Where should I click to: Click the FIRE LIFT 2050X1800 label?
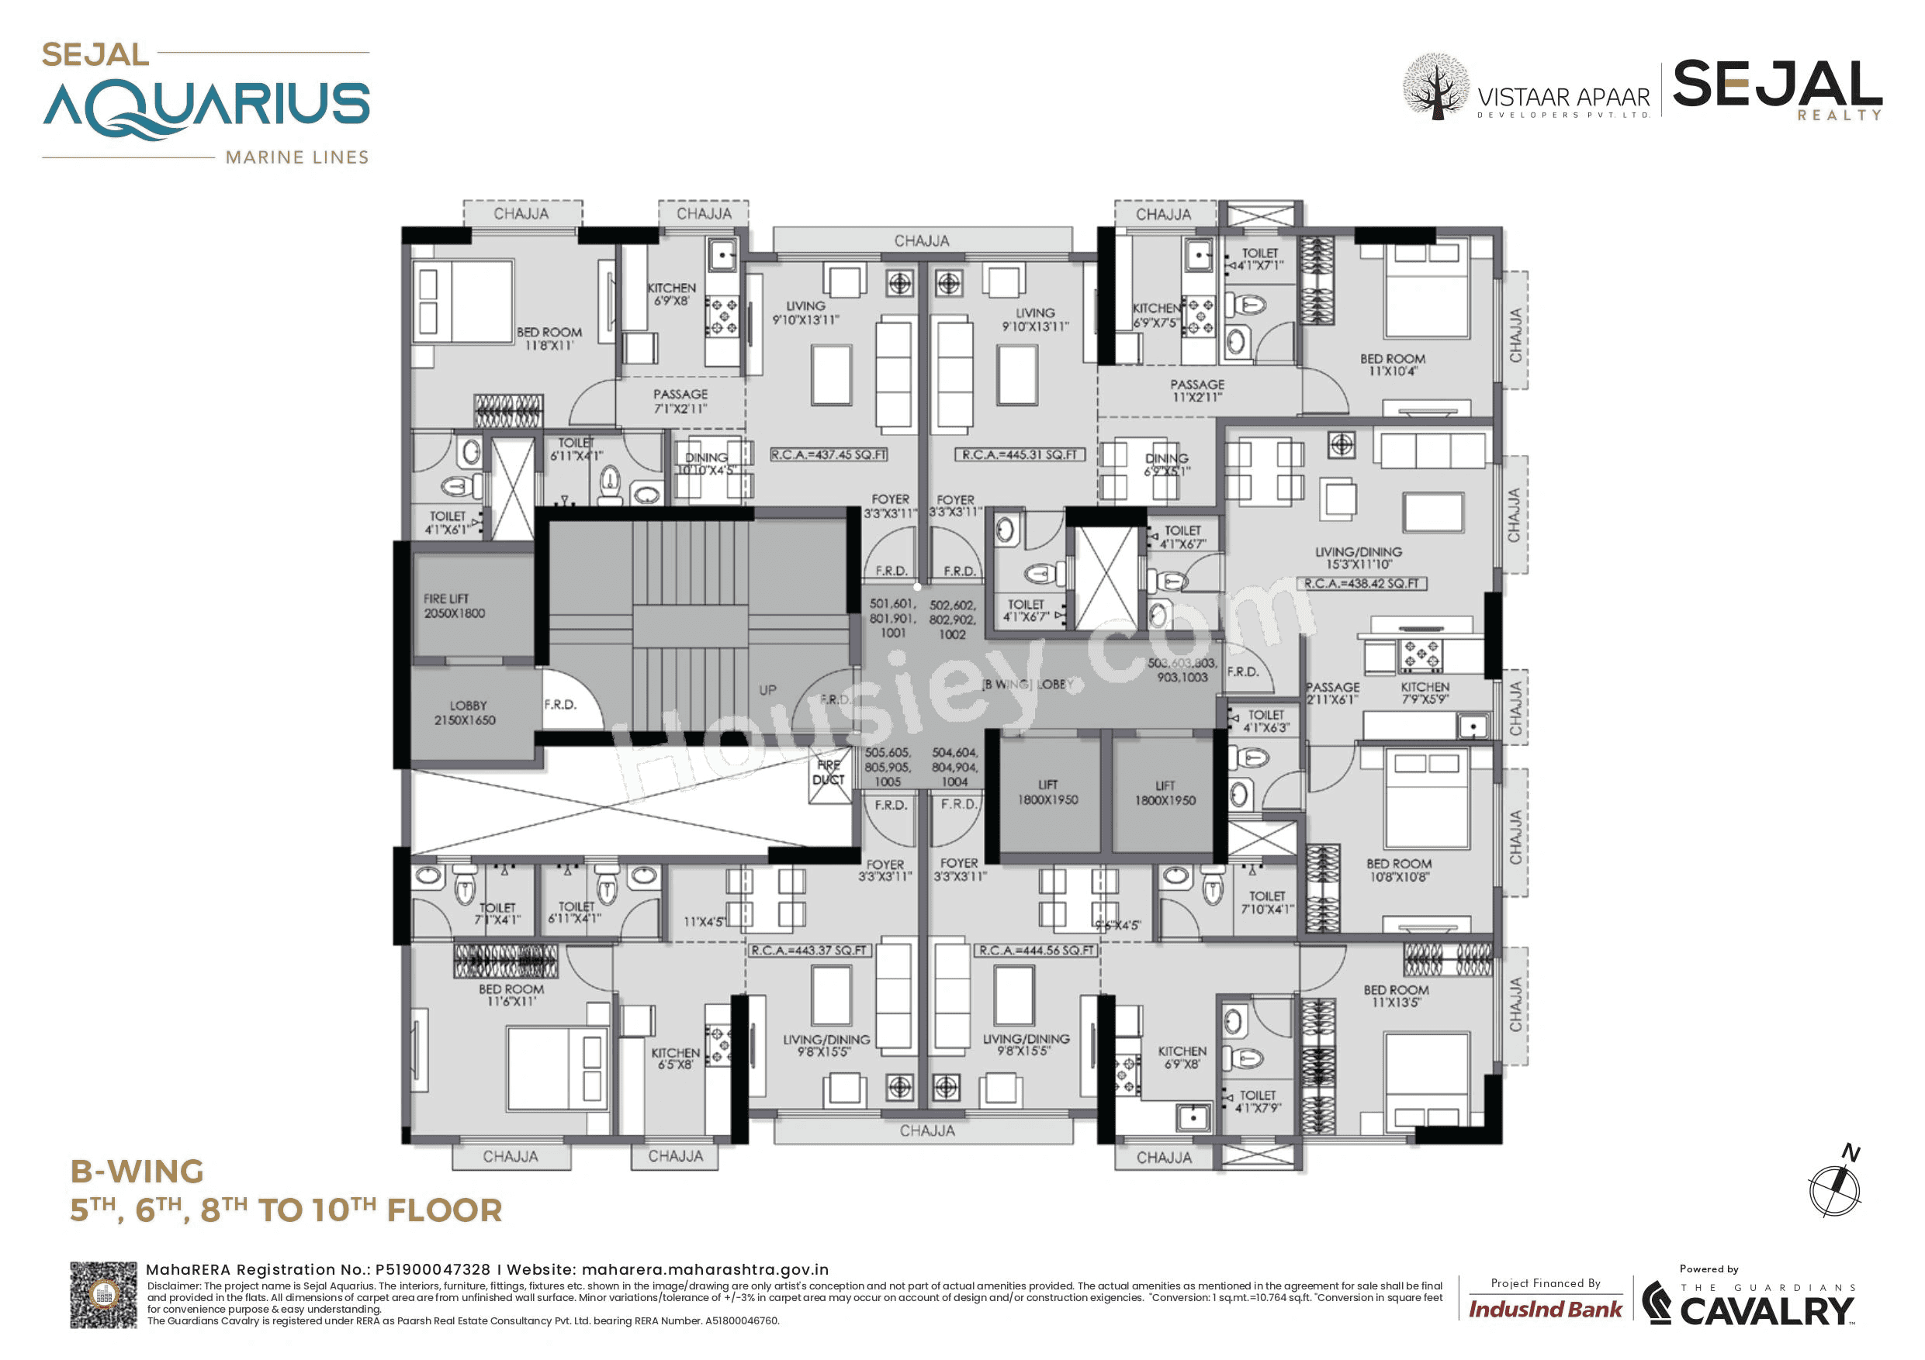click(x=454, y=606)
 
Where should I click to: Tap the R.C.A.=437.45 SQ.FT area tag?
click(x=829, y=454)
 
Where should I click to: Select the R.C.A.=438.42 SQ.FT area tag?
click(x=1362, y=583)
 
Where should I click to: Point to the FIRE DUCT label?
click(x=829, y=771)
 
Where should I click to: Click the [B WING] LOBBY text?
click(x=1027, y=685)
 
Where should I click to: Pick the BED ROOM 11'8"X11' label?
click(x=549, y=339)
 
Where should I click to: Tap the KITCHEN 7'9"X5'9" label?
click(x=1425, y=693)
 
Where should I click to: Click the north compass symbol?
click(x=1836, y=1185)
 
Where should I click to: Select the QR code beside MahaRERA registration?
click(x=103, y=1295)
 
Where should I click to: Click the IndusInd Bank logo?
click(x=1544, y=1309)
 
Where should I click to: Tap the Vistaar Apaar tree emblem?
click(x=1435, y=86)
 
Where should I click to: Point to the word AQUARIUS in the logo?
click(x=206, y=106)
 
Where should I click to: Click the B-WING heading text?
click(x=137, y=1172)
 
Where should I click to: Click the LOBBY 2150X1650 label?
click(x=466, y=713)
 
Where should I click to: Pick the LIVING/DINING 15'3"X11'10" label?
click(x=1359, y=558)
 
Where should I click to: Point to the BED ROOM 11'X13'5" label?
click(x=1396, y=996)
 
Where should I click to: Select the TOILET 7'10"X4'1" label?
click(x=1266, y=903)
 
